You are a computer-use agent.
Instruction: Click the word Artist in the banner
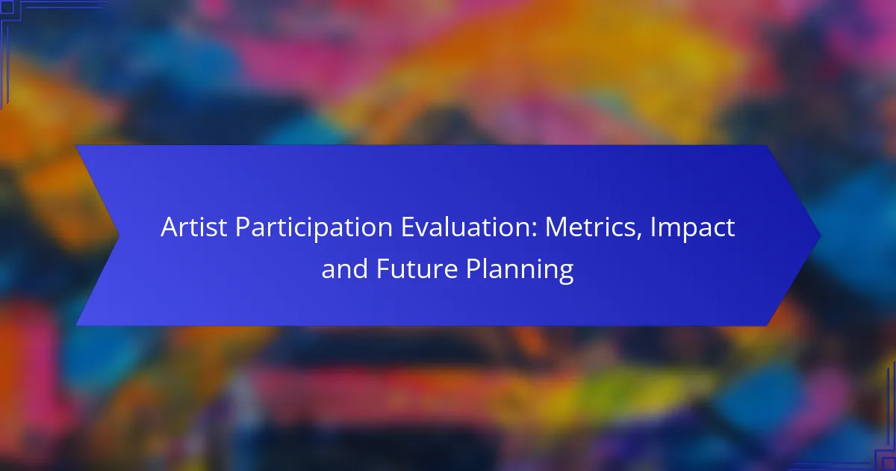point(194,227)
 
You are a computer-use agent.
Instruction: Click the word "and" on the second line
point(344,268)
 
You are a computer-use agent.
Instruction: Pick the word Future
point(417,268)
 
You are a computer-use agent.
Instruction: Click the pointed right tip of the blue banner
point(821,236)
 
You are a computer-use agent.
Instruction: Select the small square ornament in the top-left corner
point(7,7)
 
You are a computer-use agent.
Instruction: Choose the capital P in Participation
point(243,227)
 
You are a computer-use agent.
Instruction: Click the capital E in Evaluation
point(408,227)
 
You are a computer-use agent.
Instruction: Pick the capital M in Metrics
point(556,227)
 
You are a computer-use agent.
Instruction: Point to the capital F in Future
point(383,268)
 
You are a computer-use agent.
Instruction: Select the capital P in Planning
point(473,268)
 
